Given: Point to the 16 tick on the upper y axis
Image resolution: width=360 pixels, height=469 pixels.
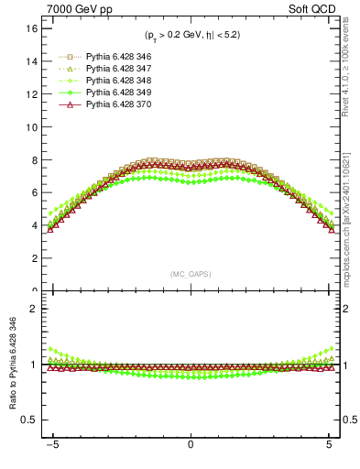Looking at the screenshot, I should pos(29,28).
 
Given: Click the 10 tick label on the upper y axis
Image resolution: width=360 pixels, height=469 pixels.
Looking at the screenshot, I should pos(29,127).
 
